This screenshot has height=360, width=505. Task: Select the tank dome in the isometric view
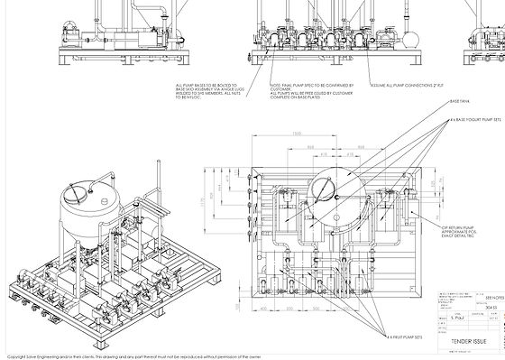click(88, 193)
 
